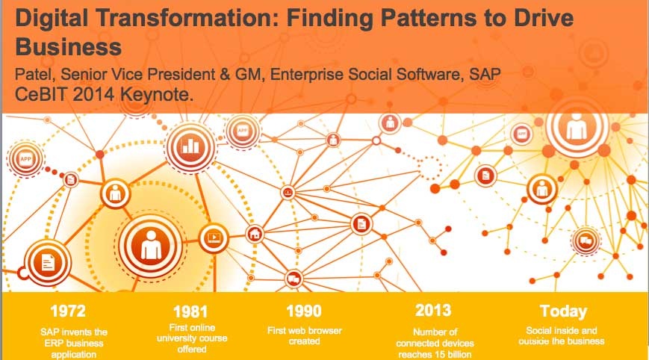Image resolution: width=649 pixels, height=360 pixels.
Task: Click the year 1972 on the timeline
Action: click(68, 311)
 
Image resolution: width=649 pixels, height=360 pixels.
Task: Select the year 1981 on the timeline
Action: click(190, 311)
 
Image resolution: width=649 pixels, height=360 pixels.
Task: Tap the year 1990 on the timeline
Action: click(304, 311)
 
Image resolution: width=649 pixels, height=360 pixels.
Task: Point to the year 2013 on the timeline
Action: click(433, 311)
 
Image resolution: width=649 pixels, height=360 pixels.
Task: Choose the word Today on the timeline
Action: click(563, 311)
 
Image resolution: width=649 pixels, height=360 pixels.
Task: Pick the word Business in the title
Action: click(68, 47)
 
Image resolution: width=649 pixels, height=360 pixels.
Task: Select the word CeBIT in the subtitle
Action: click(40, 95)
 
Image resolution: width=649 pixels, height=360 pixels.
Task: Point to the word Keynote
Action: click(156, 95)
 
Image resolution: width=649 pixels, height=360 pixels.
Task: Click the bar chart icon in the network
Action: click(190, 146)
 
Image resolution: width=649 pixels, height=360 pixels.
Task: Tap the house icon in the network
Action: click(255, 235)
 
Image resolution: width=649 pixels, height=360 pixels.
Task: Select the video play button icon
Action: click(214, 238)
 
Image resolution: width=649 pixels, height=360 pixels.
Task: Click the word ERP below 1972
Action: click(52, 343)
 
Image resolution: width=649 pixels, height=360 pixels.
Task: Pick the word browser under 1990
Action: click(325, 331)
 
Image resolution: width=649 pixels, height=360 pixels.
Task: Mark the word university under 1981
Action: click(178, 338)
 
